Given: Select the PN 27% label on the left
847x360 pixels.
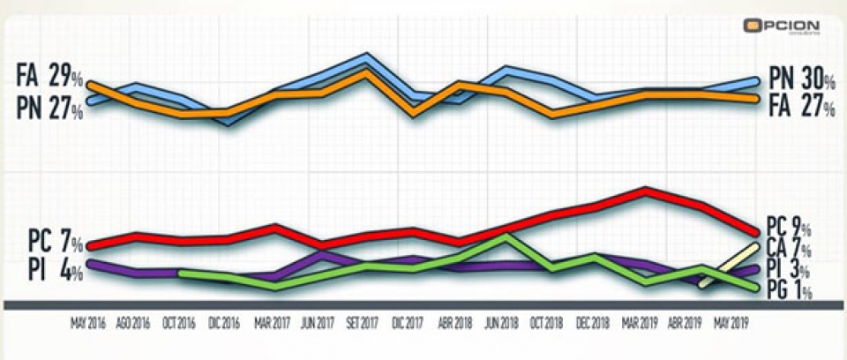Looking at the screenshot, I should [49, 109].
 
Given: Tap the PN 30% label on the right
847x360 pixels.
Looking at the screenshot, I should [801, 79].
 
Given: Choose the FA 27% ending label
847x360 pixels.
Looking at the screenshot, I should [801, 108].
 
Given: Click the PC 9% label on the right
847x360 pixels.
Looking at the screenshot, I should [791, 227].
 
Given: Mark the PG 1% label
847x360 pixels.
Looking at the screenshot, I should [791, 290].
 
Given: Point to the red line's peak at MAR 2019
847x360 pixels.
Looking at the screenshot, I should [647, 190].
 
